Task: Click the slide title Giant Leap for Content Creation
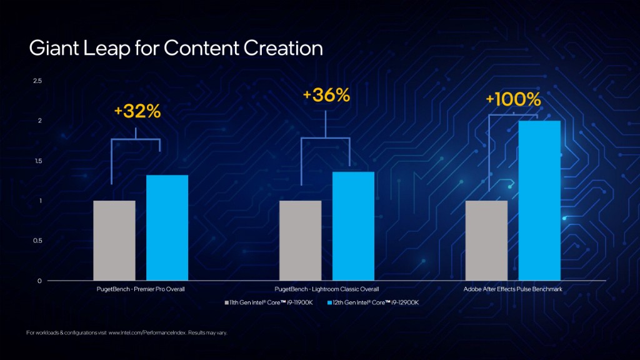176,48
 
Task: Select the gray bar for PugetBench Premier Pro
114,240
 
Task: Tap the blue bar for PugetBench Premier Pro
167,227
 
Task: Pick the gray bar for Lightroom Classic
300,240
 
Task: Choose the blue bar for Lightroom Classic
353,226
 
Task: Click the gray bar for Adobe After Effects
486,240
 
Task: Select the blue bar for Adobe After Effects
539,200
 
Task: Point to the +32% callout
137,111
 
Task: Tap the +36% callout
326,95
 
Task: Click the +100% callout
513,99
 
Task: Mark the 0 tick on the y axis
39,281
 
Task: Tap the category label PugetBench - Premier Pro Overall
141,289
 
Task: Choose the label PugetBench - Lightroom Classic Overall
327,289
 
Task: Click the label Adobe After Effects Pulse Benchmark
512,289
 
